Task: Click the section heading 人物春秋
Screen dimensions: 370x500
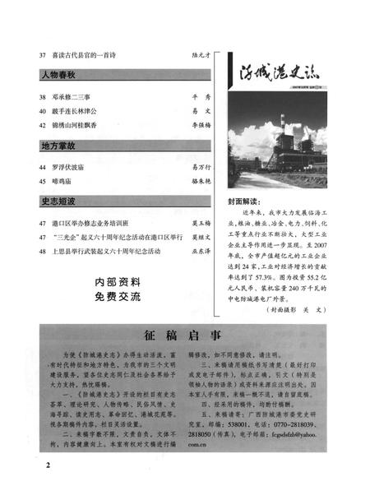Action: coord(58,74)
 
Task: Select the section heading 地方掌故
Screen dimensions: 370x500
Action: coord(58,146)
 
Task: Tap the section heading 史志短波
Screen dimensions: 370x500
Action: coord(58,201)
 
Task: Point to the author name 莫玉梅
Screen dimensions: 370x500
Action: coord(201,223)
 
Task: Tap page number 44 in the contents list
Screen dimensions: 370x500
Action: coord(42,166)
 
